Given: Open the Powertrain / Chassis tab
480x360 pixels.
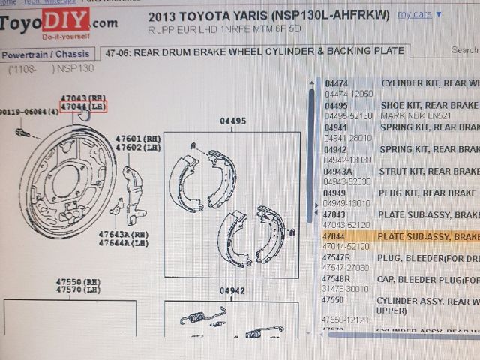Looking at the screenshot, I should [x=46, y=54].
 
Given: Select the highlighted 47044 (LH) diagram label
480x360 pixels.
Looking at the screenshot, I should [x=83, y=107].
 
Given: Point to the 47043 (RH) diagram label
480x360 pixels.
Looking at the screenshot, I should [x=83, y=98].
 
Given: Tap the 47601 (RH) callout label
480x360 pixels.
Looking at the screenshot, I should [x=138, y=138].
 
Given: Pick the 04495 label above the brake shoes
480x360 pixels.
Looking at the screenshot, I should [x=232, y=121].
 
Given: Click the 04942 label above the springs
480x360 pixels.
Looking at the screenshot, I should [x=232, y=291].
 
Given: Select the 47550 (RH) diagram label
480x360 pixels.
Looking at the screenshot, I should [x=78, y=281].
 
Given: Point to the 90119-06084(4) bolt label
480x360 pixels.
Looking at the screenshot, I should [x=29, y=111].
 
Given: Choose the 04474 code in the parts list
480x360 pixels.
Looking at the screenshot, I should [x=336, y=83].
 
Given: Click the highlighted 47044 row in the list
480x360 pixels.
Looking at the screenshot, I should [x=397, y=236].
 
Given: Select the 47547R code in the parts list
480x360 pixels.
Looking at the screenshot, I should [x=338, y=257].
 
